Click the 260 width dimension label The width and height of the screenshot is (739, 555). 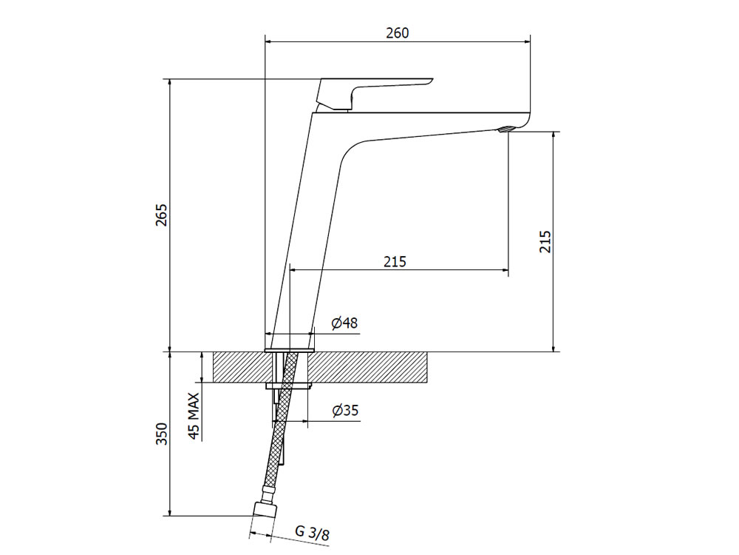[x=398, y=33]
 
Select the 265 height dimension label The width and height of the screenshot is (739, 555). [x=162, y=215]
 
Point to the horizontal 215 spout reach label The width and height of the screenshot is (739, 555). [x=395, y=261]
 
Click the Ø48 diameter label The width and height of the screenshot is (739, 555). [x=344, y=323]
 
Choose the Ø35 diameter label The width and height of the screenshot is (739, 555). [x=345, y=411]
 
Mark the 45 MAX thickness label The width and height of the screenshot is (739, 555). [x=194, y=416]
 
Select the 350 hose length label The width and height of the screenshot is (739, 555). [x=162, y=434]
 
